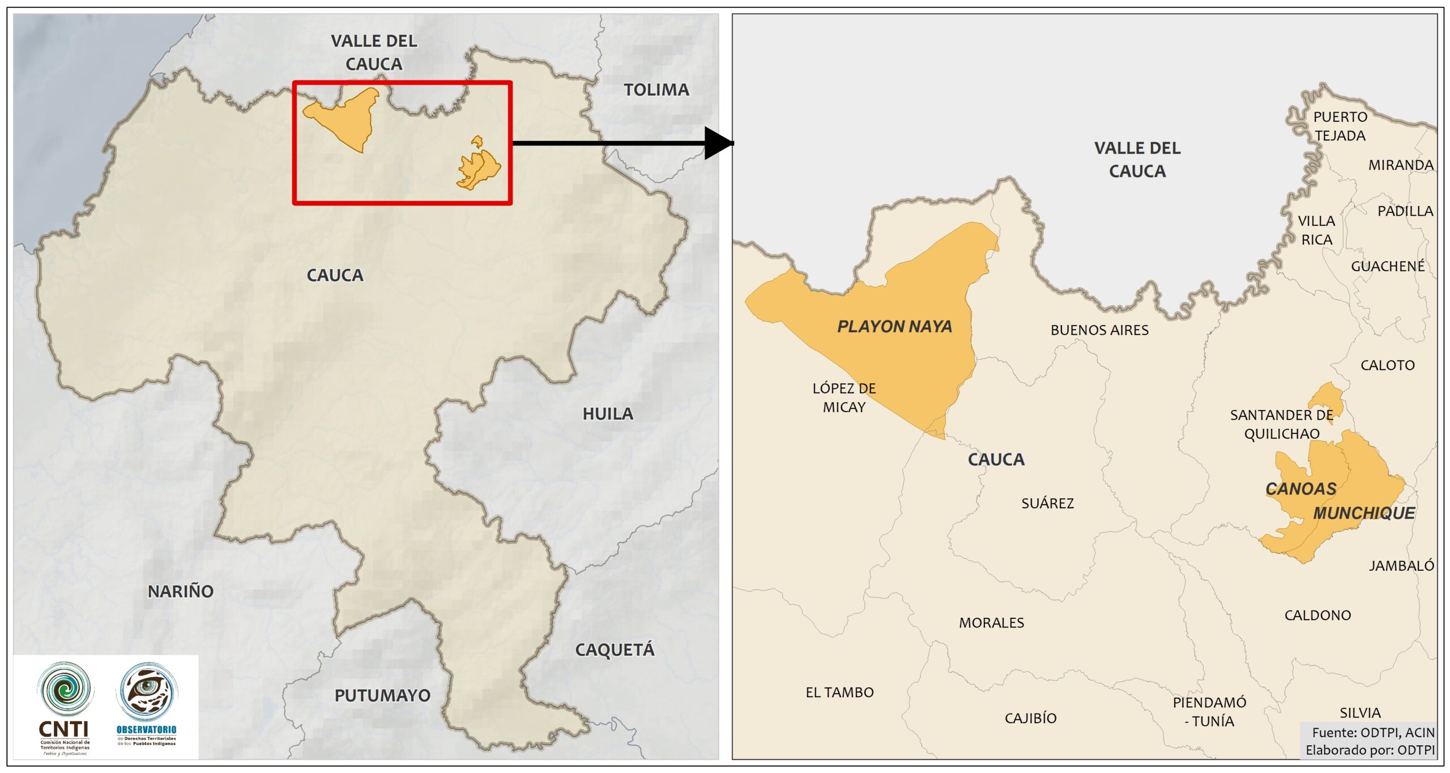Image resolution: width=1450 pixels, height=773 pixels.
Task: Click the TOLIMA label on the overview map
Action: point(656,89)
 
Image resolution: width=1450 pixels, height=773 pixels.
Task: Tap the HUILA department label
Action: point(608,414)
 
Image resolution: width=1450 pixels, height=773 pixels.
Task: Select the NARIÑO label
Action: point(181,591)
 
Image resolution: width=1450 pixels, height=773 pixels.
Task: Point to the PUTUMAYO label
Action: point(382,695)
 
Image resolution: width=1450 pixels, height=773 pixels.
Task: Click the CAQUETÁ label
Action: point(615,650)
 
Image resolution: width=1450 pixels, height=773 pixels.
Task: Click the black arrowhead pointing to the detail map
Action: point(718,143)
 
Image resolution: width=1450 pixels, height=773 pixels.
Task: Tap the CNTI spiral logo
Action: point(65,689)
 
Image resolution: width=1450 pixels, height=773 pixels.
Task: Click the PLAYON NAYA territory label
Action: point(894,327)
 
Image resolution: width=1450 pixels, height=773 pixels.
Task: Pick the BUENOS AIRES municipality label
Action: point(1099,330)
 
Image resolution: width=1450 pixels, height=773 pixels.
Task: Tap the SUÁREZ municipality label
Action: point(1047,503)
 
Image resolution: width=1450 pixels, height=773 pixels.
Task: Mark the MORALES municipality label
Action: point(991,623)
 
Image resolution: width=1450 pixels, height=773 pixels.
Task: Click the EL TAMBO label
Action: point(839,692)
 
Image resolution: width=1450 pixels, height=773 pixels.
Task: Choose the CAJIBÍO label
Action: point(1030,718)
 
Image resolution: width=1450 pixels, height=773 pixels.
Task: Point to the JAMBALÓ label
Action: point(1401,566)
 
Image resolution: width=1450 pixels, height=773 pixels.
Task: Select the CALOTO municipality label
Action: point(1387,365)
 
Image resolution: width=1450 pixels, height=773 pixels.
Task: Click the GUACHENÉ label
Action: point(1387,266)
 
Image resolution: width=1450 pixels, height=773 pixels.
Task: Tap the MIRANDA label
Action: point(1401,165)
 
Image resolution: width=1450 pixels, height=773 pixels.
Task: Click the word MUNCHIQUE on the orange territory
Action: point(1364,513)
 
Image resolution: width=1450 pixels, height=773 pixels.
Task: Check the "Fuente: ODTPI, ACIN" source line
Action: point(1373,733)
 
